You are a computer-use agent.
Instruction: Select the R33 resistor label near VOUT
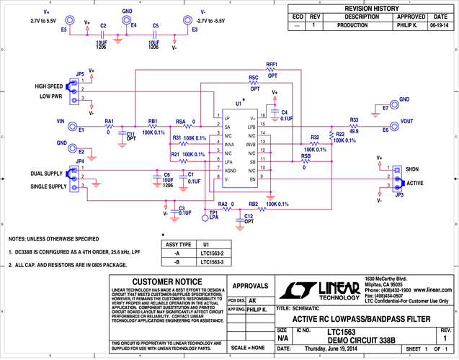(354, 120)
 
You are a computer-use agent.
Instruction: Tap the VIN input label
(62, 122)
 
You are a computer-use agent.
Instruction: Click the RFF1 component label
(272, 64)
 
